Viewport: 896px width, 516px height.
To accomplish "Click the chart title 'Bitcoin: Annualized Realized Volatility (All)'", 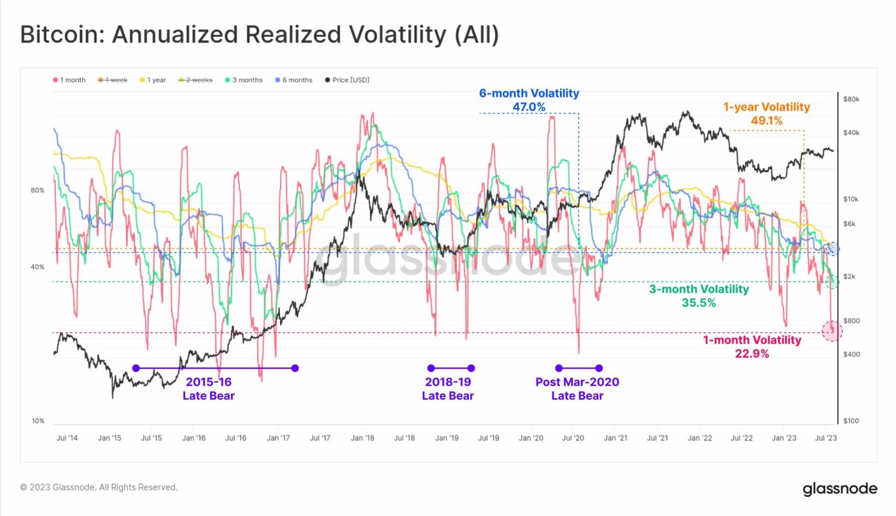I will (x=260, y=34).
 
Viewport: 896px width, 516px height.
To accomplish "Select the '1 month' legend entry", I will (x=69, y=80).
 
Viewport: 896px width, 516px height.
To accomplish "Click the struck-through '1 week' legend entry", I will (x=113, y=80).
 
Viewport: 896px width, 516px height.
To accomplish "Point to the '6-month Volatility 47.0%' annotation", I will (x=529, y=100).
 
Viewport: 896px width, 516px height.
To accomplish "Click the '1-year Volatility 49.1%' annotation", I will (x=766, y=114).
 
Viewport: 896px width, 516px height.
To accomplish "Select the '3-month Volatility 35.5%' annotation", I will (x=699, y=296).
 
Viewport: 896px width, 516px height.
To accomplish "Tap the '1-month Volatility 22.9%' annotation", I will (x=752, y=347).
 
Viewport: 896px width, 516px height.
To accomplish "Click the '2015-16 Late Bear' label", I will (x=208, y=389).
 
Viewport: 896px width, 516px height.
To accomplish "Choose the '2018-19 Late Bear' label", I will (x=448, y=389).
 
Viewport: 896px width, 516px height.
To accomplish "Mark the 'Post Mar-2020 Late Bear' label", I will (x=577, y=389).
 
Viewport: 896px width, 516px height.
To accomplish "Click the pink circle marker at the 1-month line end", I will (x=832, y=331).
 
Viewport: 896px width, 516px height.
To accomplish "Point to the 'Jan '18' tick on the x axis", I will (x=362, y=438).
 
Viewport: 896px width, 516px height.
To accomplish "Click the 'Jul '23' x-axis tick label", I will (x=825, y=438).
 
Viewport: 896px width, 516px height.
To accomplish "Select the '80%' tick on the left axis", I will (x=37, y=190).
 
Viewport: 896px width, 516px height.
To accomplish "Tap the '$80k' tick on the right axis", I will (x=851, y=99).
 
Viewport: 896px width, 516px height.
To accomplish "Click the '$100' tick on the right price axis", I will (x=851, y=421).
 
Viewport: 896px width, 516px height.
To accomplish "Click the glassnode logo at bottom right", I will (x=839, y=489).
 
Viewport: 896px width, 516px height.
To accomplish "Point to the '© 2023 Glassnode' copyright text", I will (x=99, y=487).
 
